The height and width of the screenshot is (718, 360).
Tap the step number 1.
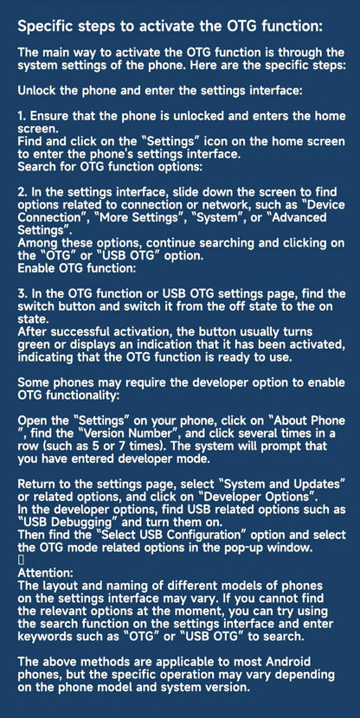(x=21, y=114)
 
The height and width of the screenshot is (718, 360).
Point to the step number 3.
(x=22, y=294)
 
